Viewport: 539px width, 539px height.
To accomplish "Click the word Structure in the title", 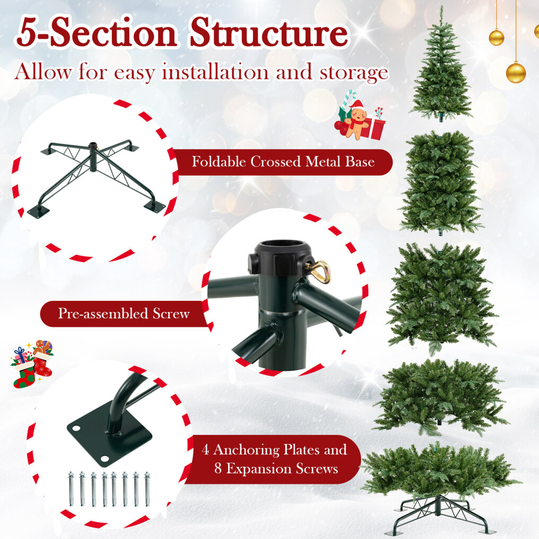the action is (x=269, y=33).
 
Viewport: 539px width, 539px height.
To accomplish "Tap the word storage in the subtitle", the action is (x=354, y=73).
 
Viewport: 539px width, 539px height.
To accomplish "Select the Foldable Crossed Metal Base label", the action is (x=283, y=162).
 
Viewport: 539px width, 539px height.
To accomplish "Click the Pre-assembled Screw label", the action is (x=124, y=314).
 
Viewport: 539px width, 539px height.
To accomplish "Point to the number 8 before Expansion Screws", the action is (x=218, y=468).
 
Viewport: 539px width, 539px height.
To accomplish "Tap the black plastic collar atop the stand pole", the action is (x=279, y=257).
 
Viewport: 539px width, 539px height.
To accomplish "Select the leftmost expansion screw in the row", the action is (x=72, y=489).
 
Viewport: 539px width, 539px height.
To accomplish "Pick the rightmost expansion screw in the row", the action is (x=147, y=489).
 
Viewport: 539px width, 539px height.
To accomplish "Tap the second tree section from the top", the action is (x=441, y=182).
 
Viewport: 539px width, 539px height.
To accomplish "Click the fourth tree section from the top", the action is (x=441, y=395).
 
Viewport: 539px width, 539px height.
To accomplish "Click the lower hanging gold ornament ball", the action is (x=516, y=72).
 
